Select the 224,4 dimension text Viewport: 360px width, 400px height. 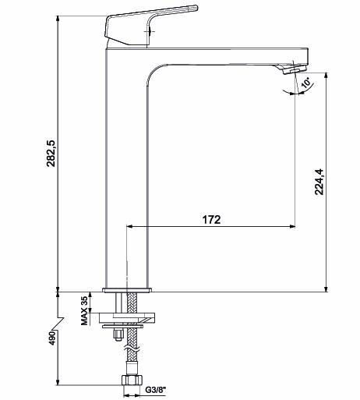pos(319,182)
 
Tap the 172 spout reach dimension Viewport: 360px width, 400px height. pos(211,220)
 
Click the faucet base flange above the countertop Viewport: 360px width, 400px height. pos(126,290)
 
